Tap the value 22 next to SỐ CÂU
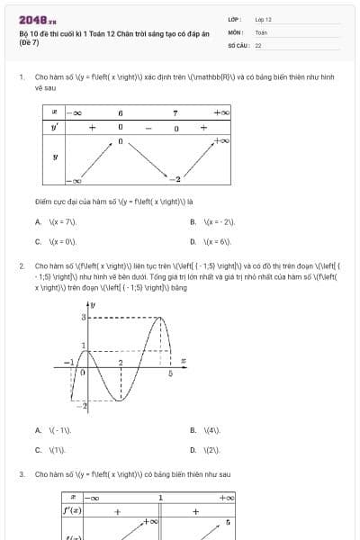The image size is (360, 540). click(x=258, y=44)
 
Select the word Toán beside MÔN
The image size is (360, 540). click(x=261, y=31)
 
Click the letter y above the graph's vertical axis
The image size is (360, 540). click(x=94, y=306)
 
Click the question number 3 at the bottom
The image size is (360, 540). click(x=21, y=473)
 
